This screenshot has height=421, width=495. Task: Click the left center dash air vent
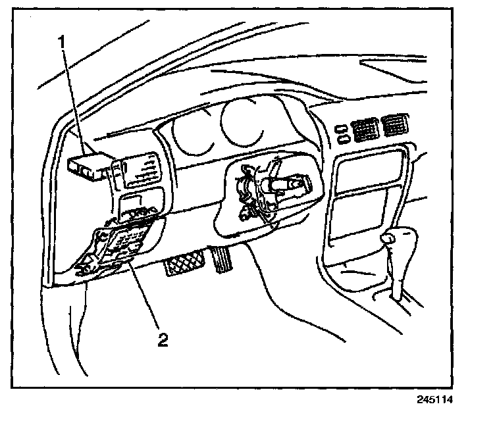pos(363,130)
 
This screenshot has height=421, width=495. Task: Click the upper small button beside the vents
pos(342,128)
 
